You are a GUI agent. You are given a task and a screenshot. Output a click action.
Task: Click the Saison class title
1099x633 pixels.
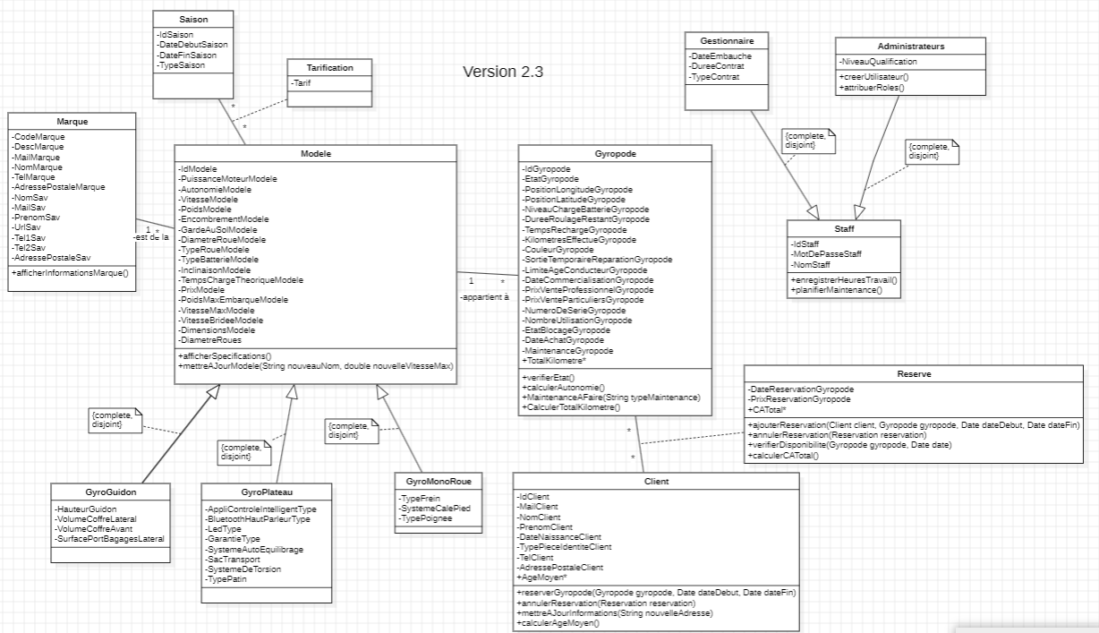tap(192, 19)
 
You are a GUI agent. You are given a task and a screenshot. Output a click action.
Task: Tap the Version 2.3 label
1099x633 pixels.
tap(503, 72)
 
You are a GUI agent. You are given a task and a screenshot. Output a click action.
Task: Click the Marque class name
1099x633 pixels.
tap(72, 121)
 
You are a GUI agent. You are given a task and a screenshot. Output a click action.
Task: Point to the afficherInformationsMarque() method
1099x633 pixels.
tap(71, 272)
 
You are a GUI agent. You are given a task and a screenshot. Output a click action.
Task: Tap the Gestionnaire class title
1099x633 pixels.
tap(726, 41)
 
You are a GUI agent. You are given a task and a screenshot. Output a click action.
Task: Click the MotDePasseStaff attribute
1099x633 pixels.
tap(826, 254)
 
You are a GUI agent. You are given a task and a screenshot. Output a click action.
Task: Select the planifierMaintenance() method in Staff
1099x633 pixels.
tap(836, 291)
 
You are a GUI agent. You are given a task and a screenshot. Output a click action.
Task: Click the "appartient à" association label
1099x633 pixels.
tap(484, 296)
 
